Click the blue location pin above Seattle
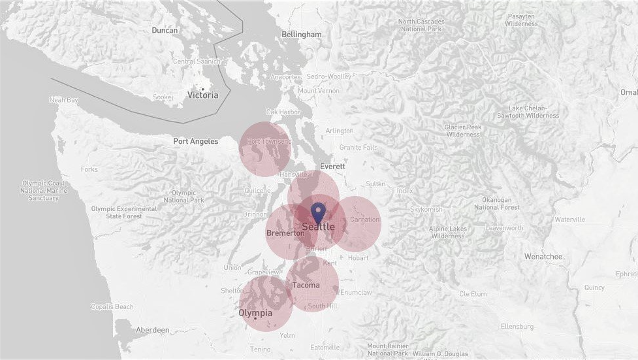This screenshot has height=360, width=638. (x=318, y=212)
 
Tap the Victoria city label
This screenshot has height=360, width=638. (x=203, y=95)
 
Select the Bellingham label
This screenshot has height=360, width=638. (x=302, y=34)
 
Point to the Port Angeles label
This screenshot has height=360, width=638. (x=195, y=141)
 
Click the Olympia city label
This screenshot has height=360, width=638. (x=255, y=313)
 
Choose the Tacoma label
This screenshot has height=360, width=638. (x=306, y=285)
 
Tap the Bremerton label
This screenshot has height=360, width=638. (x=285, y=233)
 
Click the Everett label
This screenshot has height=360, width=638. (x=332, y=167)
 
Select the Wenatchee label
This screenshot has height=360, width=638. (x=543, y=257)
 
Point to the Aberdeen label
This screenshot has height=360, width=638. (x=153, y=330)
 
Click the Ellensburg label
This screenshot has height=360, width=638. (x=517, y=326)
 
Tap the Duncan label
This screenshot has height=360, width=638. (x=165, y=30)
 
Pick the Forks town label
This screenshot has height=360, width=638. (x=89, y=169)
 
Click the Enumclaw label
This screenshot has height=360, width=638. (x=356, y=293)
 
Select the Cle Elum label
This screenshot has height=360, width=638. (x=473, y=294)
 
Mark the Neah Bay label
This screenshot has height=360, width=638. (x=63, y=100)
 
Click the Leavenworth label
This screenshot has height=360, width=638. (x=504, y=228)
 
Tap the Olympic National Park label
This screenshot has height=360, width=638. (x=183, y=197)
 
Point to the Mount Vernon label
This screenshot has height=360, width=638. (x=318, y=91)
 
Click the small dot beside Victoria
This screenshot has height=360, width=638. (x=203, y=89)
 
